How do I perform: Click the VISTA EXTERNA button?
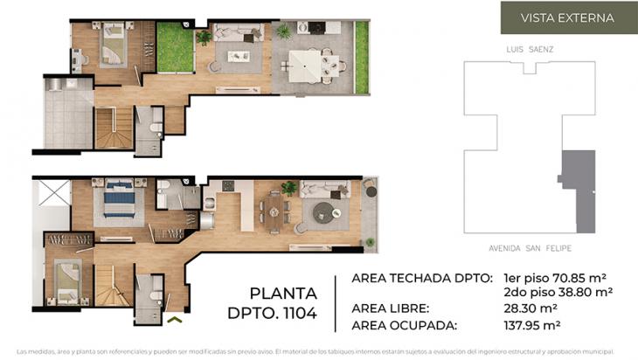pos(567,17)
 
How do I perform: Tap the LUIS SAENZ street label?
pos(529,50)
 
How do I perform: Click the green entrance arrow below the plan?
pos(175,321)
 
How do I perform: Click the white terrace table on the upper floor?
pos(304,64)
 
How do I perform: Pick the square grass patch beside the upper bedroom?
pos(175,52)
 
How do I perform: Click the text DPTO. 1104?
pos(272,311)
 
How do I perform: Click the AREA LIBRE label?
pos(390,309)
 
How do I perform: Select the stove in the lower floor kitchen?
pos(228,185)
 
